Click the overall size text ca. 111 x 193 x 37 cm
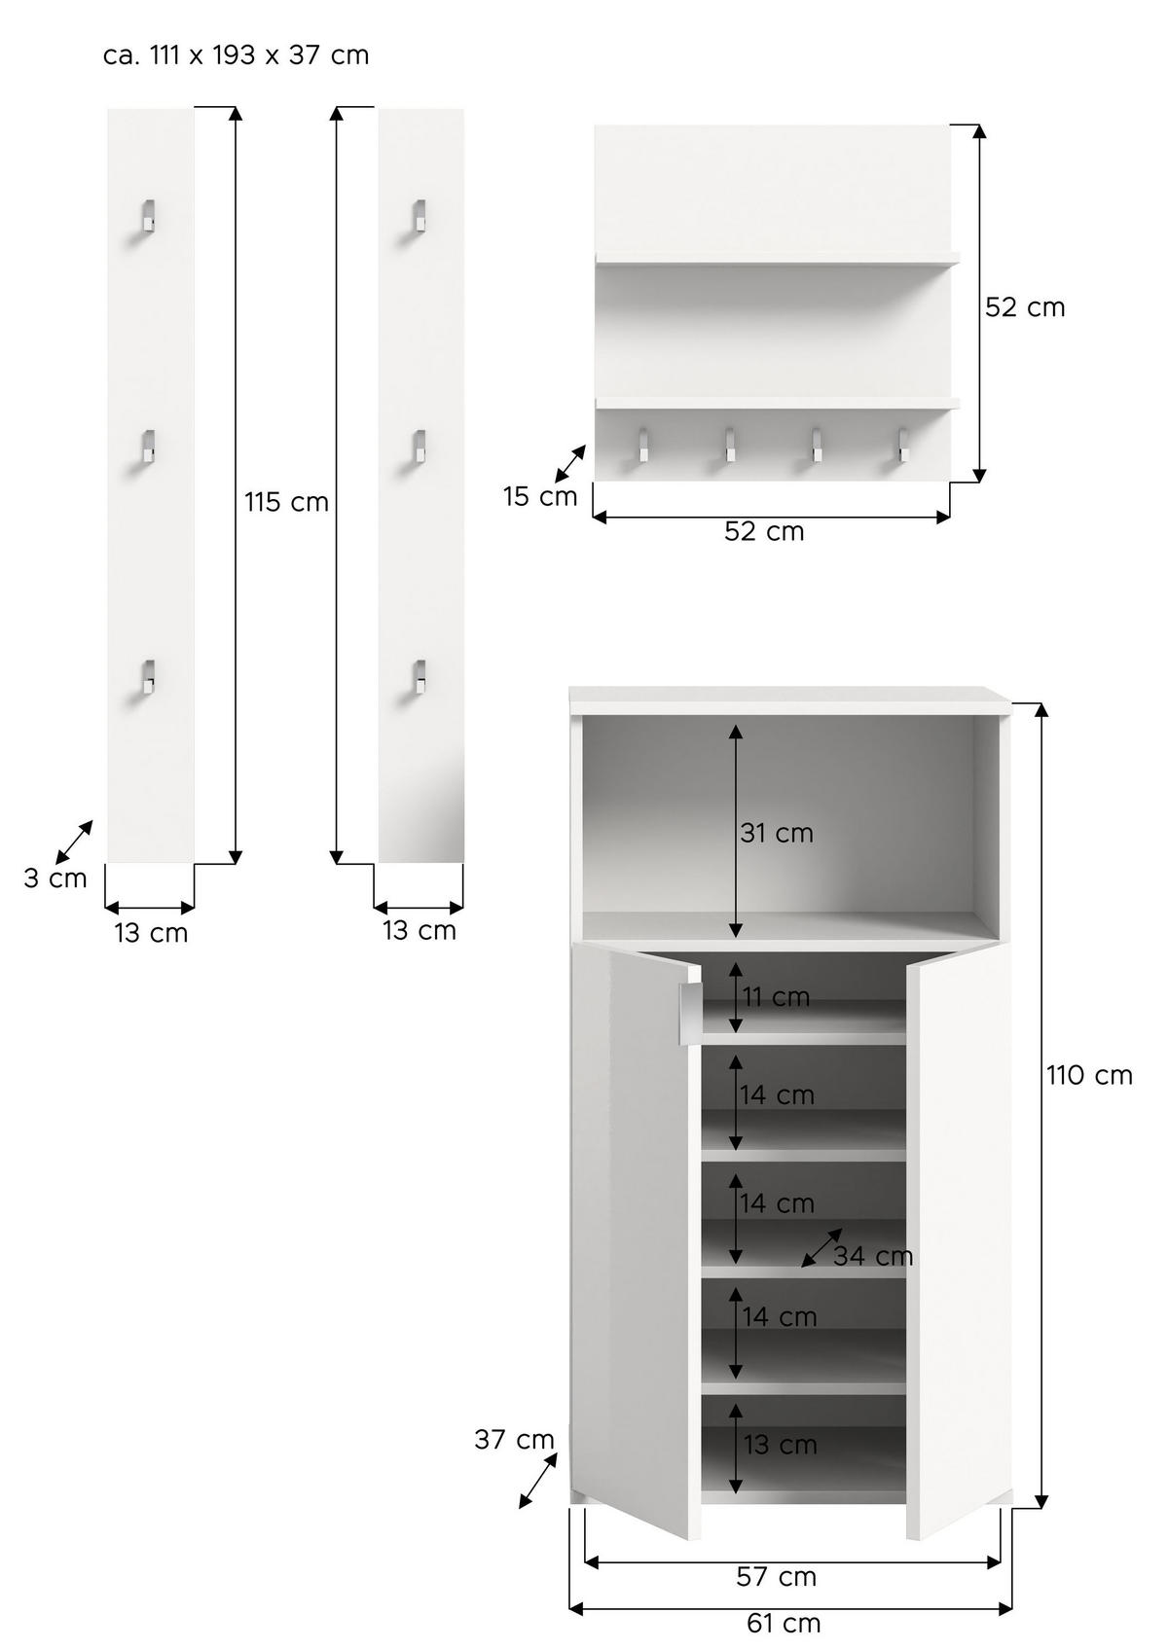236,55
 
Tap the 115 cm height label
286,503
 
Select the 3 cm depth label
55,878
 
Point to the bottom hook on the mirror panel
418,676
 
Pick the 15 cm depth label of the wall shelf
540,497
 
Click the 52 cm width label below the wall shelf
764,532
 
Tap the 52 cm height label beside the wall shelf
1025,307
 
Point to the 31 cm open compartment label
777,834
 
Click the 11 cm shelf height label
777,998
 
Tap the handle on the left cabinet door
687,1016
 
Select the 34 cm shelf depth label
873,1257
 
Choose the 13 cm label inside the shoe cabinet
781,1446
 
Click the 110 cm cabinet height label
1089,1076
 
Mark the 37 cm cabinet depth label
514,1440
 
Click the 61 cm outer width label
784,1624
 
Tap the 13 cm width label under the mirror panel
420,931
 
